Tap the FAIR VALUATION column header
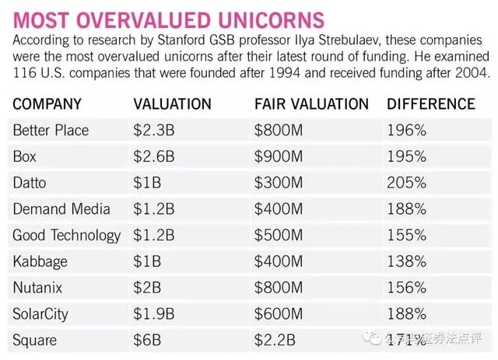311,103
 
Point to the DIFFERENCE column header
430,103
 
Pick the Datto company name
30,183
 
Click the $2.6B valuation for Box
153,156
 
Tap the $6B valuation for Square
147,340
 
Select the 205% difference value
405,183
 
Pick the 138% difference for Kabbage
405,261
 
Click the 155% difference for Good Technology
405,235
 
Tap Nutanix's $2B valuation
147,288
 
